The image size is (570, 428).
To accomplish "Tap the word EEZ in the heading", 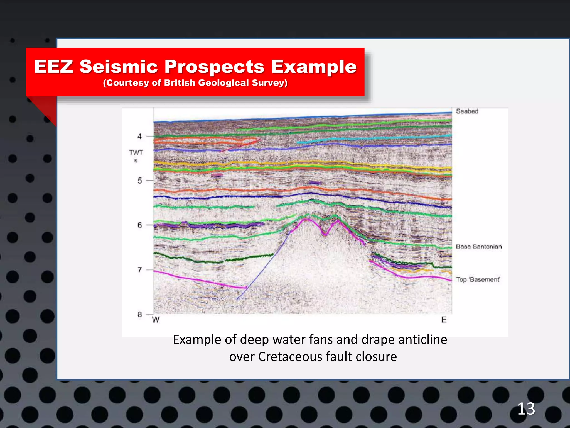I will pos(54,67).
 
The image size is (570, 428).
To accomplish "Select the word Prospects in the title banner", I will pos(214,67).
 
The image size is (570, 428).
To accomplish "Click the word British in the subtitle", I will pos(180,83).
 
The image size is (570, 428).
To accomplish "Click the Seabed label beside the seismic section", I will pos(467,111).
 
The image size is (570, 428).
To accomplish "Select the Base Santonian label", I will pos(479,247).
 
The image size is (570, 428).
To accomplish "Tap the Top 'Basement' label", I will pos(478,279).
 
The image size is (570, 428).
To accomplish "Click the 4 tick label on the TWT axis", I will pos(140,136).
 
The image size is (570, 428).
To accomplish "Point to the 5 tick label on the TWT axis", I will pos(140,181).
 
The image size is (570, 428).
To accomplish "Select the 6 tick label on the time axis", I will pos(140,225).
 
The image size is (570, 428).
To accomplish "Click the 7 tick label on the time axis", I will pos(140,270).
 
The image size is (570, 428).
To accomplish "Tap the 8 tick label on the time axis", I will pos(140,314).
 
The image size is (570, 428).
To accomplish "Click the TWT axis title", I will pos(136,153).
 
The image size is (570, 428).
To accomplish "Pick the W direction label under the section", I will pos(156,320).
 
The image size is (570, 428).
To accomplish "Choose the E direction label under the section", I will pos(444,320).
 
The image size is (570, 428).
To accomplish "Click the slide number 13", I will pos(526,409).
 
